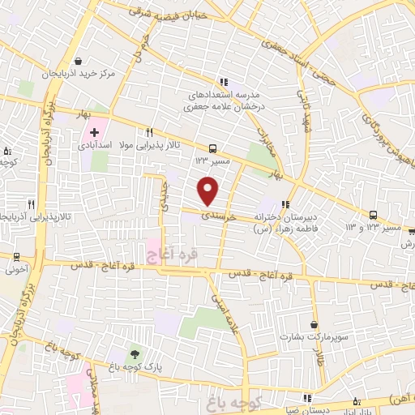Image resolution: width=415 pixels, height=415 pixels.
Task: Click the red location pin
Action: point(209,190)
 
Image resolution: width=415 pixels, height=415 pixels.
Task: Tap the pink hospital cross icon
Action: point(94,132)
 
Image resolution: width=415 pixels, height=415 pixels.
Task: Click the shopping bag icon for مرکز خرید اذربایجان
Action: point(77,61)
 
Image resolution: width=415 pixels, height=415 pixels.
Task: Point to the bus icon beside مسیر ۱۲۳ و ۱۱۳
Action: point(373,215)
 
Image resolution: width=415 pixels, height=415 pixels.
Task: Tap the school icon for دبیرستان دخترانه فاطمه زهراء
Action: point(285,203)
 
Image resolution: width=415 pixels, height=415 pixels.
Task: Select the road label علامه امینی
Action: point(223,308)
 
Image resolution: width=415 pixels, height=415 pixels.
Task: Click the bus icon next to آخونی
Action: point(15,255)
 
